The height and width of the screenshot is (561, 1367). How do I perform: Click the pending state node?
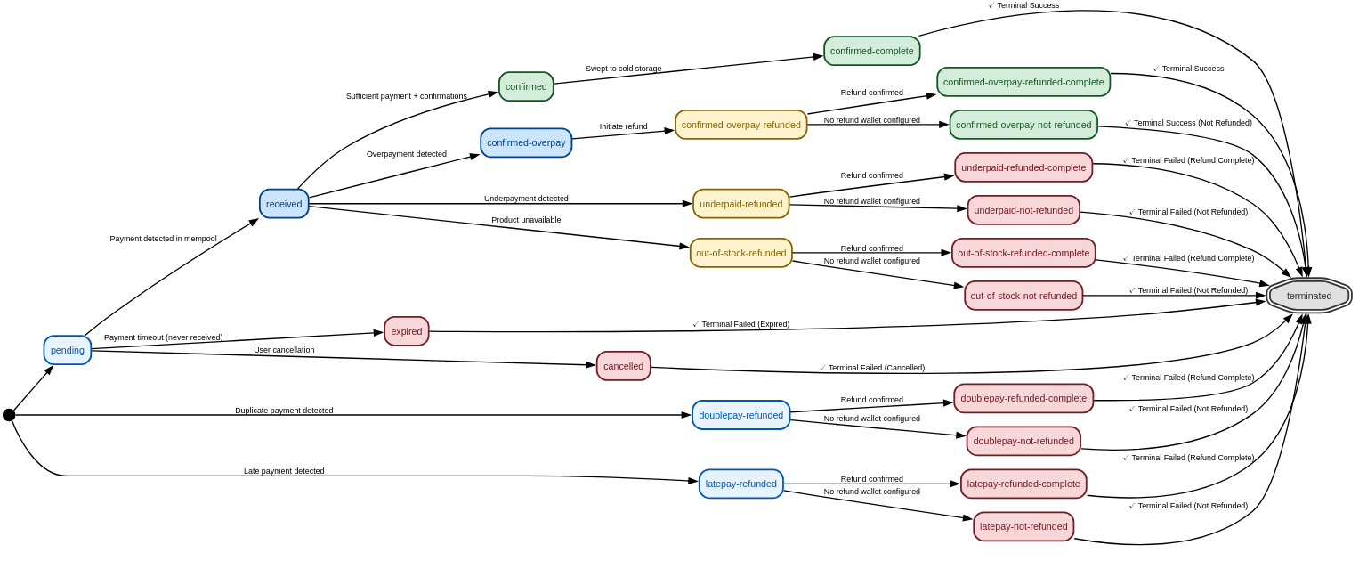point(68,350)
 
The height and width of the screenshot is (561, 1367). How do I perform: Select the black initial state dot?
point(9,415)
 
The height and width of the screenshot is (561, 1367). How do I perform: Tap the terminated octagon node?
point(1308,296)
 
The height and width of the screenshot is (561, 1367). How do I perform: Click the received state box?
point(284,204)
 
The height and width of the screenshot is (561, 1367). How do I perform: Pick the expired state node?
point(407,331)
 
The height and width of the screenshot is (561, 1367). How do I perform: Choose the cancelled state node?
point(623,366)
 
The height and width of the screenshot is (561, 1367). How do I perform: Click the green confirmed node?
point(526,86)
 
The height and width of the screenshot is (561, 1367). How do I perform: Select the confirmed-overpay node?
point(526,142)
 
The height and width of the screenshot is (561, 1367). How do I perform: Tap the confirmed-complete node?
point(871,51)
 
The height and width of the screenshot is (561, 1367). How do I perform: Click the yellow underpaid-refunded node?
point(740,204)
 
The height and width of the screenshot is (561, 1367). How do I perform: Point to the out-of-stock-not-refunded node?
point(1023,296)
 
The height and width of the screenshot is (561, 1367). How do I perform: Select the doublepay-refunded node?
point(740,415)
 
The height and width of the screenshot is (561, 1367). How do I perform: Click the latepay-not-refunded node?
point(1023,526)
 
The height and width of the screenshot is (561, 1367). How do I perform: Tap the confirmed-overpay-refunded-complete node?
point(1023,82)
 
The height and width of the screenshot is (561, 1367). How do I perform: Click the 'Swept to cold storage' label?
point(623,69)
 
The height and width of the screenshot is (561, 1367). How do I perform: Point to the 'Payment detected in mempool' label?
point(163,239)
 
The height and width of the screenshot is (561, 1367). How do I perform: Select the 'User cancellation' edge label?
point(284,350)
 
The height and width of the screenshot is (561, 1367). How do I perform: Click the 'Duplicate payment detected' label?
point(284,411)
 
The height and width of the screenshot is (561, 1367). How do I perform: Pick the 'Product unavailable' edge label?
point(526,220)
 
